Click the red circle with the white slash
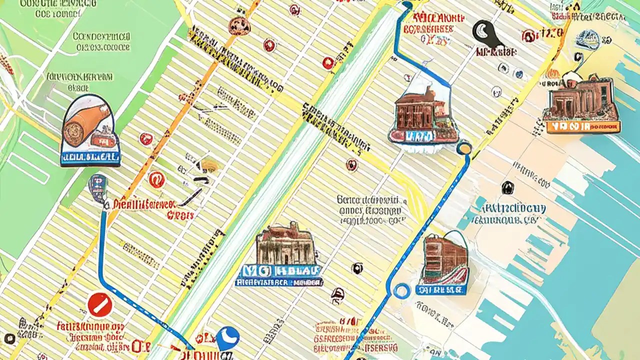point(100,304)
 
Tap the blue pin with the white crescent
point(227,338)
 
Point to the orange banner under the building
point(582,126)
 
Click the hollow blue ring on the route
point(401,290)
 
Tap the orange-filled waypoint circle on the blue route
point(464,148)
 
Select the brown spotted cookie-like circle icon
point(239,26)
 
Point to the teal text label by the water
point(507,213)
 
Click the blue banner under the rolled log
point(90,158)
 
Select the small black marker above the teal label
point(507,187)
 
